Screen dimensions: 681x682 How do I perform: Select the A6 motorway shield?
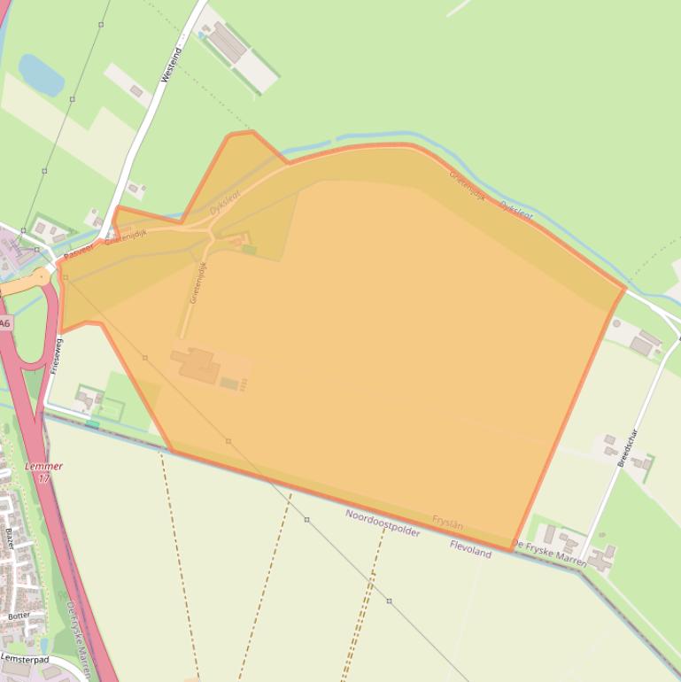pyautogui.click(x=5, y=323)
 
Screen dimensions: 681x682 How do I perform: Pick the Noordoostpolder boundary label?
pyautogui.click(x=383, y=523)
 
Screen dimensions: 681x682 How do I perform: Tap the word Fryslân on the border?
pyautogui.click(x=447, y=522)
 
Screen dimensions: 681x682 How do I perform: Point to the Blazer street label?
pyautogui.click(x=10, y=537)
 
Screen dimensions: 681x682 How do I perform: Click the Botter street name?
pyautogui.click(x=19, y=615)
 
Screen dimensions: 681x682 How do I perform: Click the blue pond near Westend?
pyautogui.click(x=41, y=74)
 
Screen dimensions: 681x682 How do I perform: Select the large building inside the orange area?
pyautogui.click(x=196, y=364)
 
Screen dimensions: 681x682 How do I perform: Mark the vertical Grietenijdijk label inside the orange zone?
pyautogui.click(x=198, y=283)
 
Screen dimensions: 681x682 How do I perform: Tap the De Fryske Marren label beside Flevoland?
pyautogui.click(x=549, y=549)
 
